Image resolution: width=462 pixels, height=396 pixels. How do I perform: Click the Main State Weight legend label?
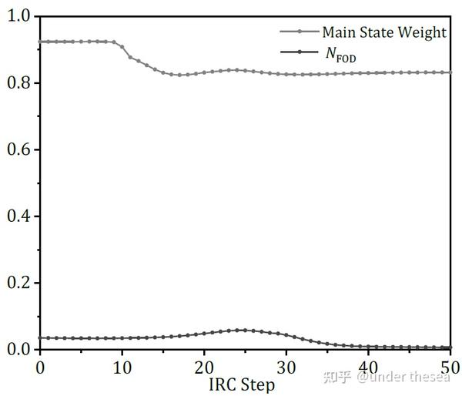(x=383, y=32)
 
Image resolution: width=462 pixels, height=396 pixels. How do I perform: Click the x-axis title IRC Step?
(x=241, y=383)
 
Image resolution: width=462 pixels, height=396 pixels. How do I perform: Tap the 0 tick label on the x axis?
(x=40, y=367)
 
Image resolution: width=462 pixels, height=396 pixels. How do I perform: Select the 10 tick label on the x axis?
(x=122, y=367)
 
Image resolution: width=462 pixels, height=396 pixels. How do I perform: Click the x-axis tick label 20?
(x=204, y=367)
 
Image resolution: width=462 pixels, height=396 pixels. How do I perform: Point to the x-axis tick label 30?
(x=286, y=367)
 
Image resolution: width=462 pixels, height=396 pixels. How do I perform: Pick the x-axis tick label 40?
(x=368, y=367)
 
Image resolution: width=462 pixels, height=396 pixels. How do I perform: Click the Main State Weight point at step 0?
(x=41, y=42)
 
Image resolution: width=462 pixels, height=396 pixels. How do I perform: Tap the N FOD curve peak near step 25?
(x=245, y=331)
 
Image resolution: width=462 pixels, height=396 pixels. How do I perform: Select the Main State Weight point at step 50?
(x=450, y=72)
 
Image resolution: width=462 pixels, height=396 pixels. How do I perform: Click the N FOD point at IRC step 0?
(x=41, y=337)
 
